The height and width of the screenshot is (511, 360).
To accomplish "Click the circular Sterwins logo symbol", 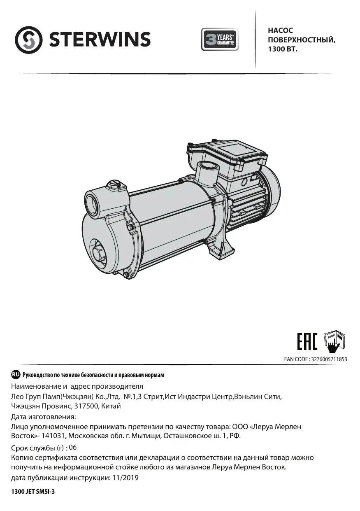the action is coord(28,40).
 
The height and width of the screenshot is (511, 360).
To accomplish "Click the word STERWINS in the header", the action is coord(100,40).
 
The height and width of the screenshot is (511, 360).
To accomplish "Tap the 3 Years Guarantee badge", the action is coord(220,39).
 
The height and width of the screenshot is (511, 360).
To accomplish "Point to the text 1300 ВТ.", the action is coord(283,49).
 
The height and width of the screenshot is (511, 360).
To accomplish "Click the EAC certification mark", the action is coord(307,341).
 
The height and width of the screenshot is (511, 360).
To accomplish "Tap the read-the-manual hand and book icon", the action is coord(334,341).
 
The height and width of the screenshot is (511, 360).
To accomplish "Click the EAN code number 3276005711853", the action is coord(329,359).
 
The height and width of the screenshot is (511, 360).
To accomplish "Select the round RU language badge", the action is coord(16,374).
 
